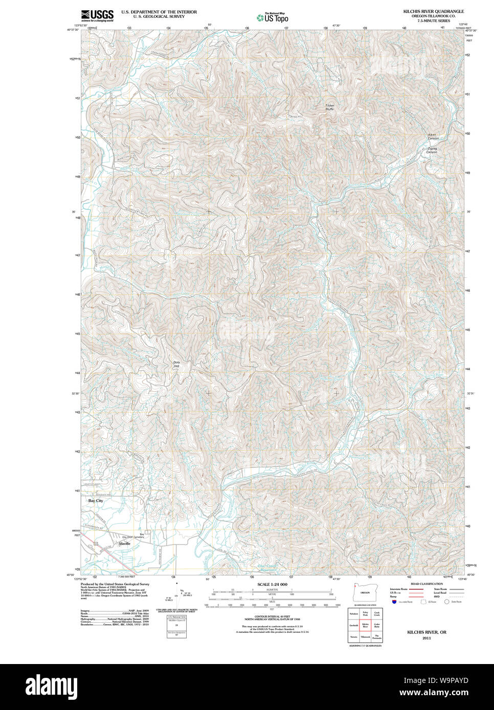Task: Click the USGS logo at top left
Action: coord(97,15)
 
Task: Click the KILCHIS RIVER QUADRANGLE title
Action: coord(433,11)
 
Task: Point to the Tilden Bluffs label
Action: coord(329,107)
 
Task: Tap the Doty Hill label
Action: coord(177,364)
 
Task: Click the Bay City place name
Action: coord(96,501)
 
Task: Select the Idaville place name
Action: coord(124,544)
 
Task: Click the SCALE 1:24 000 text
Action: coord(272,584)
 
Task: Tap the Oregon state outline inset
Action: coord(364,593)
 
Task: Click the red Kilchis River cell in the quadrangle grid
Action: coord(365,625)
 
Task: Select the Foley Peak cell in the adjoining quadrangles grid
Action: coord(365,613)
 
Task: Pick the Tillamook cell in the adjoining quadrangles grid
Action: coord(365,637)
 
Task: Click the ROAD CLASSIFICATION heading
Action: coord(426,584)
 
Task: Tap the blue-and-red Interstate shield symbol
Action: coord(394,602)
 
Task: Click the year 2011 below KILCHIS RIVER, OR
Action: coord(426,638)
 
